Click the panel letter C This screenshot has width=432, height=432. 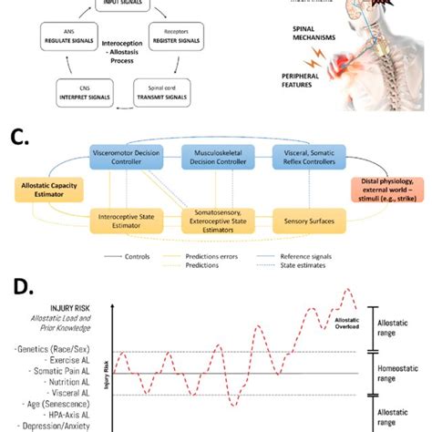20,138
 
